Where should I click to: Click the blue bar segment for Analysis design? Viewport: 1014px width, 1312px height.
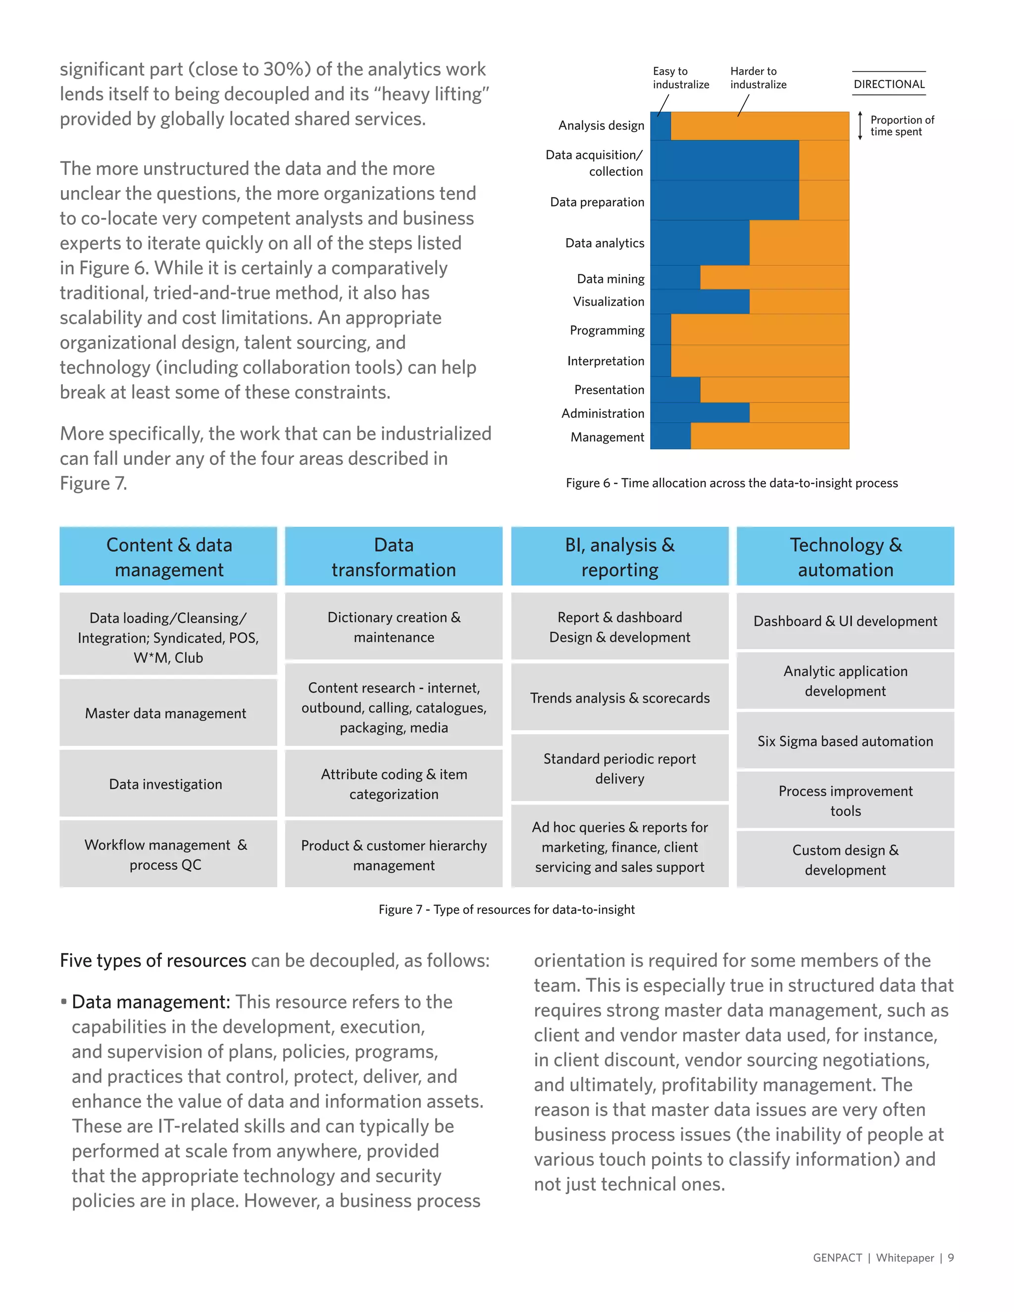[x=660, y=126]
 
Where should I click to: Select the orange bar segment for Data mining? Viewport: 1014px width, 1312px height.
[x=774, y=278]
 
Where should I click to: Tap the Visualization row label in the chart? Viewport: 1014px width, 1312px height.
[x=608, y=302]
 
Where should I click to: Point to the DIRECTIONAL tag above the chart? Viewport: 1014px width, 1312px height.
[x=889, y=84]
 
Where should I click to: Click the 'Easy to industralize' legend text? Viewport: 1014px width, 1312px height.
[x=681, y=78]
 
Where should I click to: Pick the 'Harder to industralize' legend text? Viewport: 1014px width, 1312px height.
[x=758, y=78]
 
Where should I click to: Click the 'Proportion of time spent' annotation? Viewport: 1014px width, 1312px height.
[x=902, y=126]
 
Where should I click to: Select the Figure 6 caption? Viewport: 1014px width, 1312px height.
[x=731, y=483]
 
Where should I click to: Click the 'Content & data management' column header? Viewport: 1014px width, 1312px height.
[x=168, y=557]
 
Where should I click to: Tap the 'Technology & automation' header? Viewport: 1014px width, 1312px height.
[x=845, y=557]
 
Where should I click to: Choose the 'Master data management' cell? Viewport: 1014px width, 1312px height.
[x=166, y=713]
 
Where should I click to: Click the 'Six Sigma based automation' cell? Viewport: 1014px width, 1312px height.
[x=845, y=741]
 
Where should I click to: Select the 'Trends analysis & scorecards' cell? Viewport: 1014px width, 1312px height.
[x=619, y=698]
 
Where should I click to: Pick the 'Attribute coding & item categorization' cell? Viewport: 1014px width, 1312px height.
[x=394, y=784]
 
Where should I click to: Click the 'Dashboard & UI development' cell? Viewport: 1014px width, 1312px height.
[x=845, y=621]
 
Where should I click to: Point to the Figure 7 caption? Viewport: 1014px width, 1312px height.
[x=507, y=909]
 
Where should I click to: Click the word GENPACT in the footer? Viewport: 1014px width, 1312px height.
[x=837, y=1258]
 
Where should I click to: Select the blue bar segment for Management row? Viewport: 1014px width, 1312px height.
[x=670, y=436]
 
